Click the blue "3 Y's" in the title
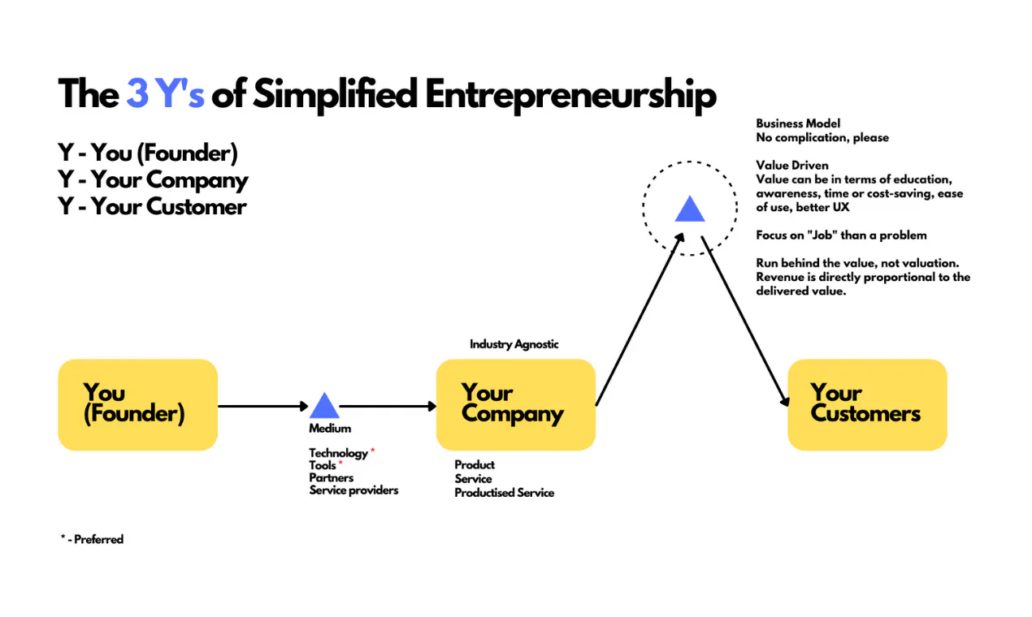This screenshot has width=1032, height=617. click(166, 94)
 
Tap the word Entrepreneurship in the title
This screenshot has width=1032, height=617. click(570, 95)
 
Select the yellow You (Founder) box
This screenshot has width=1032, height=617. click(138, 405)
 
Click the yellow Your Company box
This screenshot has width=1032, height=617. click(516, 405)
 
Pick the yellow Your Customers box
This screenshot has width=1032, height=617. click(868, 405)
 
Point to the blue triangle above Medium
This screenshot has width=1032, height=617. click(324, 406)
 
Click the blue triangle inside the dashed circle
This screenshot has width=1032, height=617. click(690, 209)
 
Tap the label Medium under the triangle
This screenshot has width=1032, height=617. click(330, 429)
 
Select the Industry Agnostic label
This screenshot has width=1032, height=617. click(514, 344)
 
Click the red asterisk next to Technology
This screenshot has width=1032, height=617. click(373, 450)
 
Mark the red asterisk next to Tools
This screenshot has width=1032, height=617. click(340, 462)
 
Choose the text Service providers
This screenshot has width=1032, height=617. click(353, 490)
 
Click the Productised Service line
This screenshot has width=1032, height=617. click(505, 493)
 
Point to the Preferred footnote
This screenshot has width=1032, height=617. click(92, 539)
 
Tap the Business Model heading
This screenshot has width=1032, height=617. click(798, 123)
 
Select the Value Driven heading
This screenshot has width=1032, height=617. click(792, 166)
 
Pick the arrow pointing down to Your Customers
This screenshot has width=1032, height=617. click(745, 321)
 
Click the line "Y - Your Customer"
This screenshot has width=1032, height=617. click(152, 207)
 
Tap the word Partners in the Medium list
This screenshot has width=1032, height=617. click(332, 478)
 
